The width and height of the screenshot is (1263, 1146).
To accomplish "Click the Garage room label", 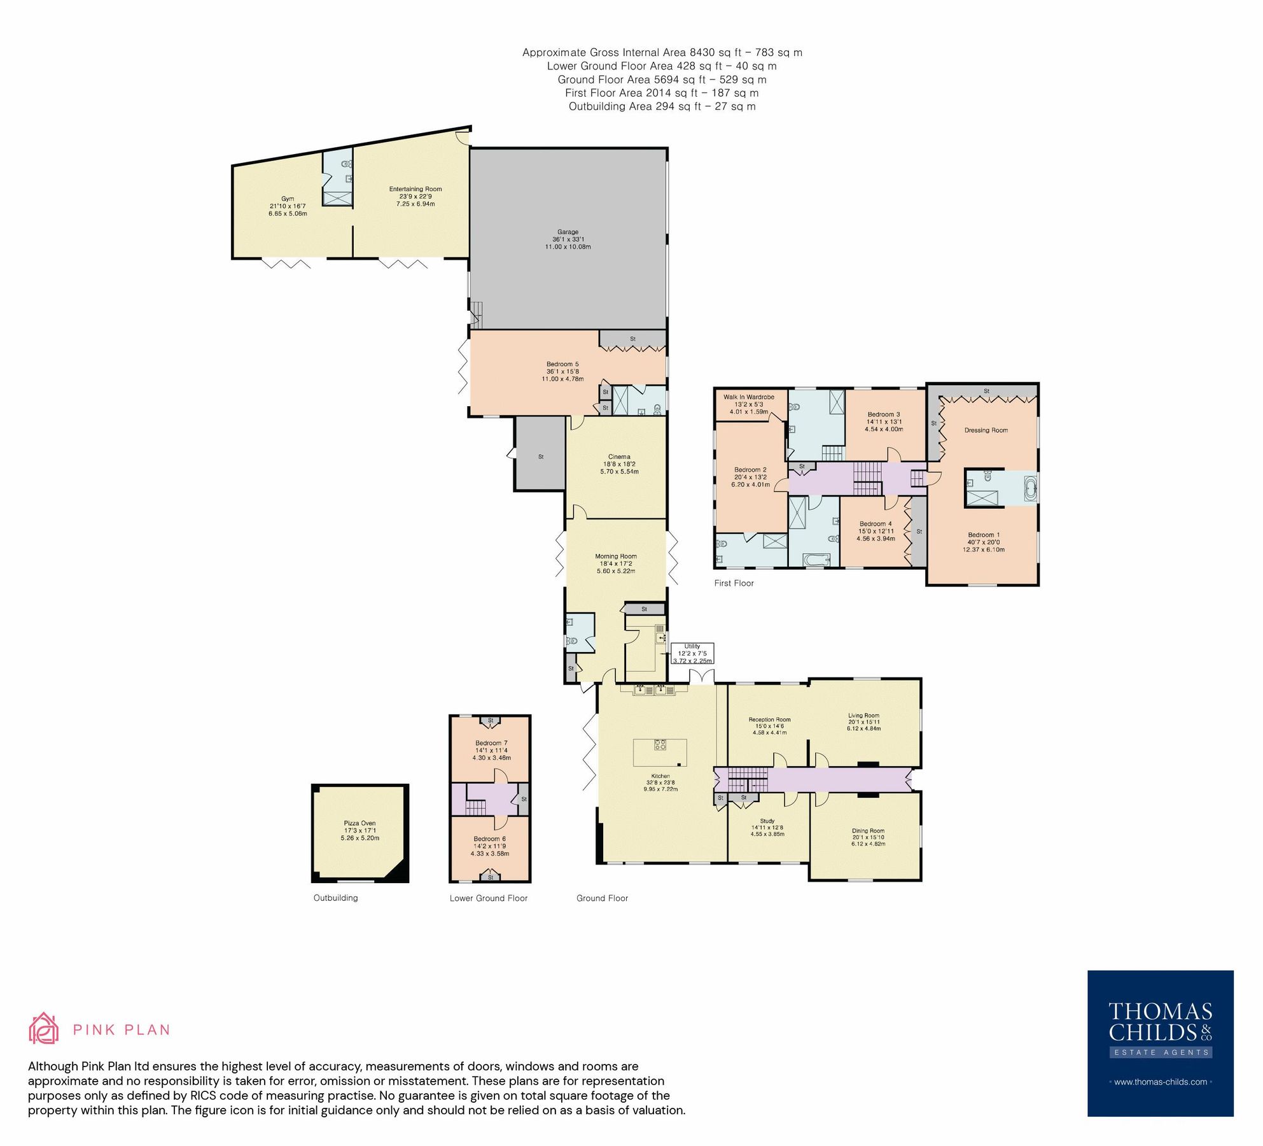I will click(568, 232).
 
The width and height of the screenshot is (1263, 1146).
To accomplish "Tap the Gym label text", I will click(288, 199).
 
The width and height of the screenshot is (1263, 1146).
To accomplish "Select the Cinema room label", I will click(619, 456).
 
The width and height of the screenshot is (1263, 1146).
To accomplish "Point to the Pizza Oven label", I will click(359, 823).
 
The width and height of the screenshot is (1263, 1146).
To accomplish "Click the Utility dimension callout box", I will click(692, 653).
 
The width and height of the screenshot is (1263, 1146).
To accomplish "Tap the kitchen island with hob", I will click(660, 752).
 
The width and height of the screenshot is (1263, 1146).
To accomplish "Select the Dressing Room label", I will click(986, 430).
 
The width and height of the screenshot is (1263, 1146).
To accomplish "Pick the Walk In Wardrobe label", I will click(748, 397).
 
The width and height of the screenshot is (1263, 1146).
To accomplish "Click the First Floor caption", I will click(734, 583).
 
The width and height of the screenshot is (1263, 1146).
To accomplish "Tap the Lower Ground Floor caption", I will click(488, 898).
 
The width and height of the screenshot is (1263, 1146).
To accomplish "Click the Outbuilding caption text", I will click(335, 898).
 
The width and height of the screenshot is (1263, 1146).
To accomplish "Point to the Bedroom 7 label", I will click(491, 743).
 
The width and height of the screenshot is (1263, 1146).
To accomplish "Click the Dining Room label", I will click(868, 831).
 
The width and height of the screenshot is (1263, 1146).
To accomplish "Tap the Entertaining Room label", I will click(415, 189).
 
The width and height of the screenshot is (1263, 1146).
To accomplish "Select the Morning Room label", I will click(615, 556).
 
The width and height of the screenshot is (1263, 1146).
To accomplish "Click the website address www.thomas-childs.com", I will click(1160, 1082).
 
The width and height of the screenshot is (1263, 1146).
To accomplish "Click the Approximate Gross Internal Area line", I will click(662, 53).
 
